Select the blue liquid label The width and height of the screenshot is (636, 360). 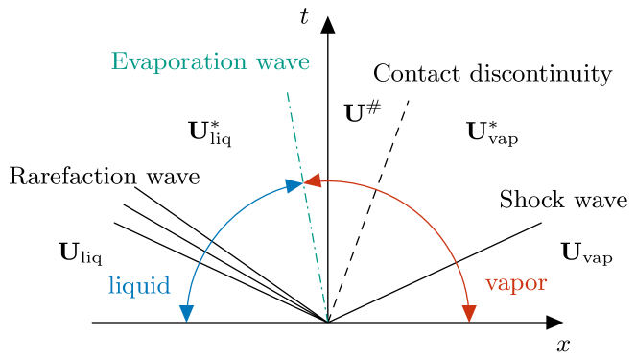(x=139, y=286)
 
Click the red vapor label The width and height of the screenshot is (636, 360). (x=516, y=284)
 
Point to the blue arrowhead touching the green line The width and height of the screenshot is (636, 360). (x=294, y=185)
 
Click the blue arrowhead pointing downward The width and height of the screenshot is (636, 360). (x=186, y=313)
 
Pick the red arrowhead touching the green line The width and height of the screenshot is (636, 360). (x=314, y=180)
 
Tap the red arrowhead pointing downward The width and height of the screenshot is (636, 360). (x=469, y=313)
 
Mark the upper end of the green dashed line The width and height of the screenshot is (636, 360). (x=287, y=93)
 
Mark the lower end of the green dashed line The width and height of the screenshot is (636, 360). (x=327, y=320)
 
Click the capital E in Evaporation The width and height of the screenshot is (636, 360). (x=119, y=62)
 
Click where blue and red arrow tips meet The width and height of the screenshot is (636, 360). (x=304, y=182)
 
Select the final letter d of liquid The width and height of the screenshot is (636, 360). (x=164, y=285)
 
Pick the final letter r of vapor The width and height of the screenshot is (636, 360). (x=543, y=285)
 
